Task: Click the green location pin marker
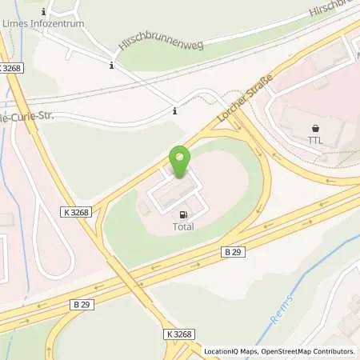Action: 180,161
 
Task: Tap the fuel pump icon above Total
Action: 183,214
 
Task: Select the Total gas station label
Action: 183,226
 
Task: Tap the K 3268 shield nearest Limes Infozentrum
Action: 11,69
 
